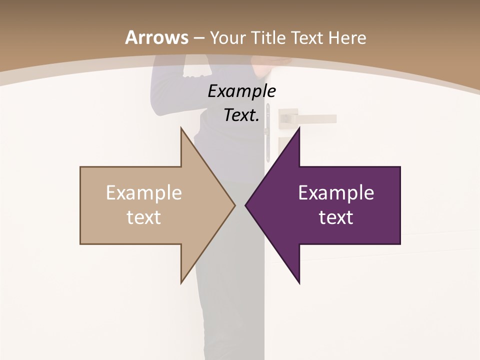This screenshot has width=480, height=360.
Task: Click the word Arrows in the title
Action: (156, 37)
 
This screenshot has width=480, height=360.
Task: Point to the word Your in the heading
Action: (227, 37)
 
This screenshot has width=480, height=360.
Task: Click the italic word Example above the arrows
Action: (241, 91)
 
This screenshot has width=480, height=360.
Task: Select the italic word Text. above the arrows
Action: (241, 115)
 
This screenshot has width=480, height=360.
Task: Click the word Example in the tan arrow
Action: (144, 193)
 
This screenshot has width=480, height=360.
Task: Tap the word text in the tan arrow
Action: (144, 217)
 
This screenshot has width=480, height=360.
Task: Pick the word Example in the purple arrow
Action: (336, 193)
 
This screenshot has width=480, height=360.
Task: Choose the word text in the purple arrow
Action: (336, 217)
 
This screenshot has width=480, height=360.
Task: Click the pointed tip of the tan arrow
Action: (234, 205)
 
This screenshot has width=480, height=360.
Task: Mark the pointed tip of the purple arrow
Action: (246, 205)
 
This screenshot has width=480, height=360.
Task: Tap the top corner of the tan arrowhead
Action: (181, 128)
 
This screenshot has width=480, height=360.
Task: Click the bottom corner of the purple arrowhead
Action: (299, 282)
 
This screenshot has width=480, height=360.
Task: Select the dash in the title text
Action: (199, 38)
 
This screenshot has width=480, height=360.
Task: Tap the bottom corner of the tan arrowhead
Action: (181, 282)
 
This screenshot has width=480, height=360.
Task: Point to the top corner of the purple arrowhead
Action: (299, 128)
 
